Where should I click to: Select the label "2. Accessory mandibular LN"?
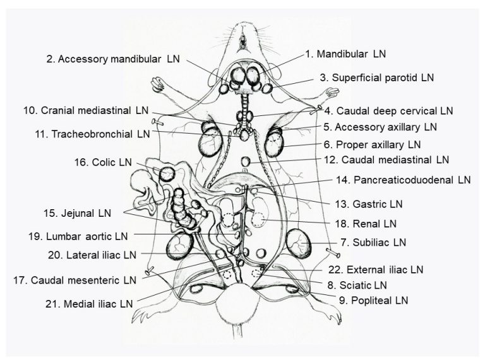click(113, 59)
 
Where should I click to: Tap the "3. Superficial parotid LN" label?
click(376, 78)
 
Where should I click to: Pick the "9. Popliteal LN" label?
click(373, 300)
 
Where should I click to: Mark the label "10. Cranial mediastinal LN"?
click(86, 110)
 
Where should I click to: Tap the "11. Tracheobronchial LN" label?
click(92, 134)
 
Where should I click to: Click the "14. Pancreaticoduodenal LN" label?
click(403, 180)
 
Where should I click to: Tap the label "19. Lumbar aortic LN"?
click(78, 237)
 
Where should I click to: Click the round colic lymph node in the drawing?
click(167, 173)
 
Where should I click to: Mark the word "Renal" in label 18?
click(366, 223)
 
